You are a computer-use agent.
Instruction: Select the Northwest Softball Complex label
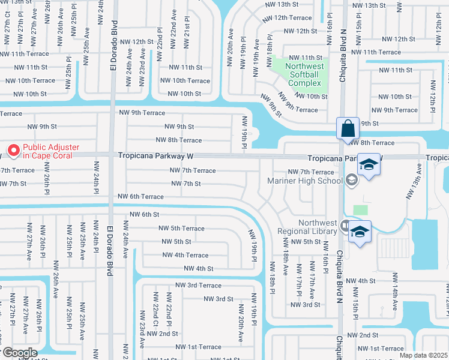click(x=305, y=74)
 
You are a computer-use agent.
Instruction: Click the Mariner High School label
click(x=305, y=181)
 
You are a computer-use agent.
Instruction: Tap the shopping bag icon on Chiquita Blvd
click(x=348, y=128)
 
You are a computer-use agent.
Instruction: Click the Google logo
click(x=19, y=353)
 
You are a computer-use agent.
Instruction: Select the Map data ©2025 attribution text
click(x=423, y=355)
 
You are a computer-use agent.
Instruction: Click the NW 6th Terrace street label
click(x=140, y=196)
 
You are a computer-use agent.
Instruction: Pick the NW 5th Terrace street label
click(x=181, y=228)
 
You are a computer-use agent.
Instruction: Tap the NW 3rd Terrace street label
click(x=198, y=285)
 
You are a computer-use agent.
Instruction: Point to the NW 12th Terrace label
click(x=289, y=18)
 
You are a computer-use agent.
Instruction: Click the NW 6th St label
click(x=143, y=214)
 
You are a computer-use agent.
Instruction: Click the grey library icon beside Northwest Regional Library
click(x=345, y=226)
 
